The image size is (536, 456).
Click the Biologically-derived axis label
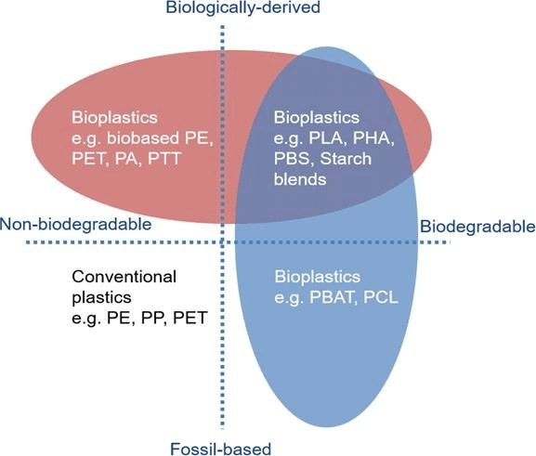(x=242, y=7)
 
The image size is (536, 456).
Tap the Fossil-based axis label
(x=221, y=449)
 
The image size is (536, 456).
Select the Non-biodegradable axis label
(x=75, y=225)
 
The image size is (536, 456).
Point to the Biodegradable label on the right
(x=477, y=227)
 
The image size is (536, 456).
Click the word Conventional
(x=124, y=277)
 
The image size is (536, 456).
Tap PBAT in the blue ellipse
(x=331, y=297)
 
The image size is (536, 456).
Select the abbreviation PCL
(x=381, y=297)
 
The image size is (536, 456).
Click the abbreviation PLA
(x=325, y=138)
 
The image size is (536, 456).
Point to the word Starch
(x=346, y=159)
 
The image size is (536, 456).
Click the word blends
(x=300, y=179)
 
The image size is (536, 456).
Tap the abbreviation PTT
(x=164, y=159)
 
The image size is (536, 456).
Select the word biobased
(x=143, y=138)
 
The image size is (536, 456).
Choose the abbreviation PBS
(x=293, y=159)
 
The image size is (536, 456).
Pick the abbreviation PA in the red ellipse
(x=126, y=159)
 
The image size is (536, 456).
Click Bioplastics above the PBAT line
(x=317, y=277)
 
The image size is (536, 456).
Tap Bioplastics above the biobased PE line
(x=114, y=118)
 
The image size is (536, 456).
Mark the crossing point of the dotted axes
(x=223, y=242)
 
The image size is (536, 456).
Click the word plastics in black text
(x=101, y=297)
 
